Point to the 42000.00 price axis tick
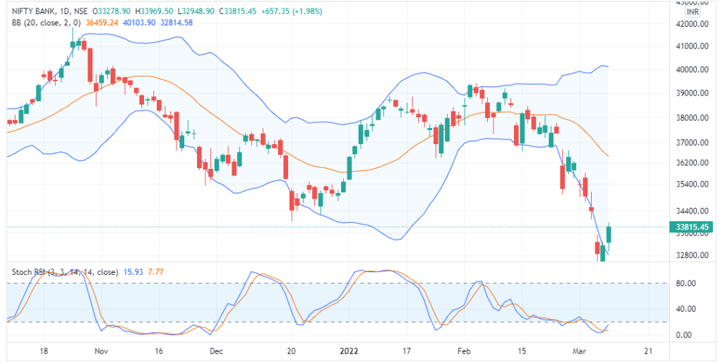click(691, 24)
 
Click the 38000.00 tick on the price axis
click(691, 118)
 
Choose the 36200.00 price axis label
click(691, 163)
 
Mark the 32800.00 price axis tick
click(691, 254)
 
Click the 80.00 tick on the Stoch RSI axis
click(686, 283)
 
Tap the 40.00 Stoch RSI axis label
click(686, 309)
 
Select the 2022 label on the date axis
click(349, 351)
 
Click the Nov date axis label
click(101, 351)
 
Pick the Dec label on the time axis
click(217, 351)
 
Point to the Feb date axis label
click(464, 351)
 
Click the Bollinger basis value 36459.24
click(101, 23)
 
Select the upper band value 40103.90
click(138, 23)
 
